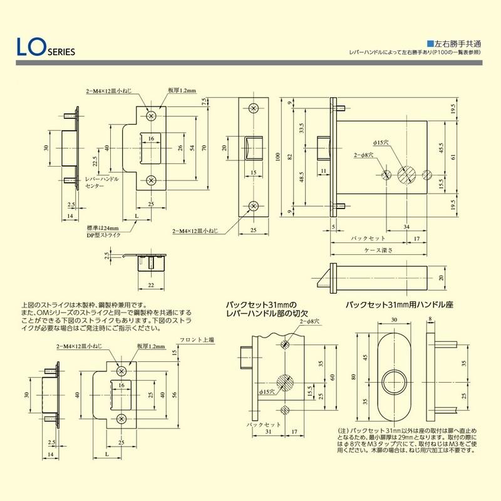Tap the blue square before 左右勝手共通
point(430,44)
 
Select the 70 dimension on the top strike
point(205,148)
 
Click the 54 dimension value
point(192,148)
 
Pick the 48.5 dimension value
point(302,181)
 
